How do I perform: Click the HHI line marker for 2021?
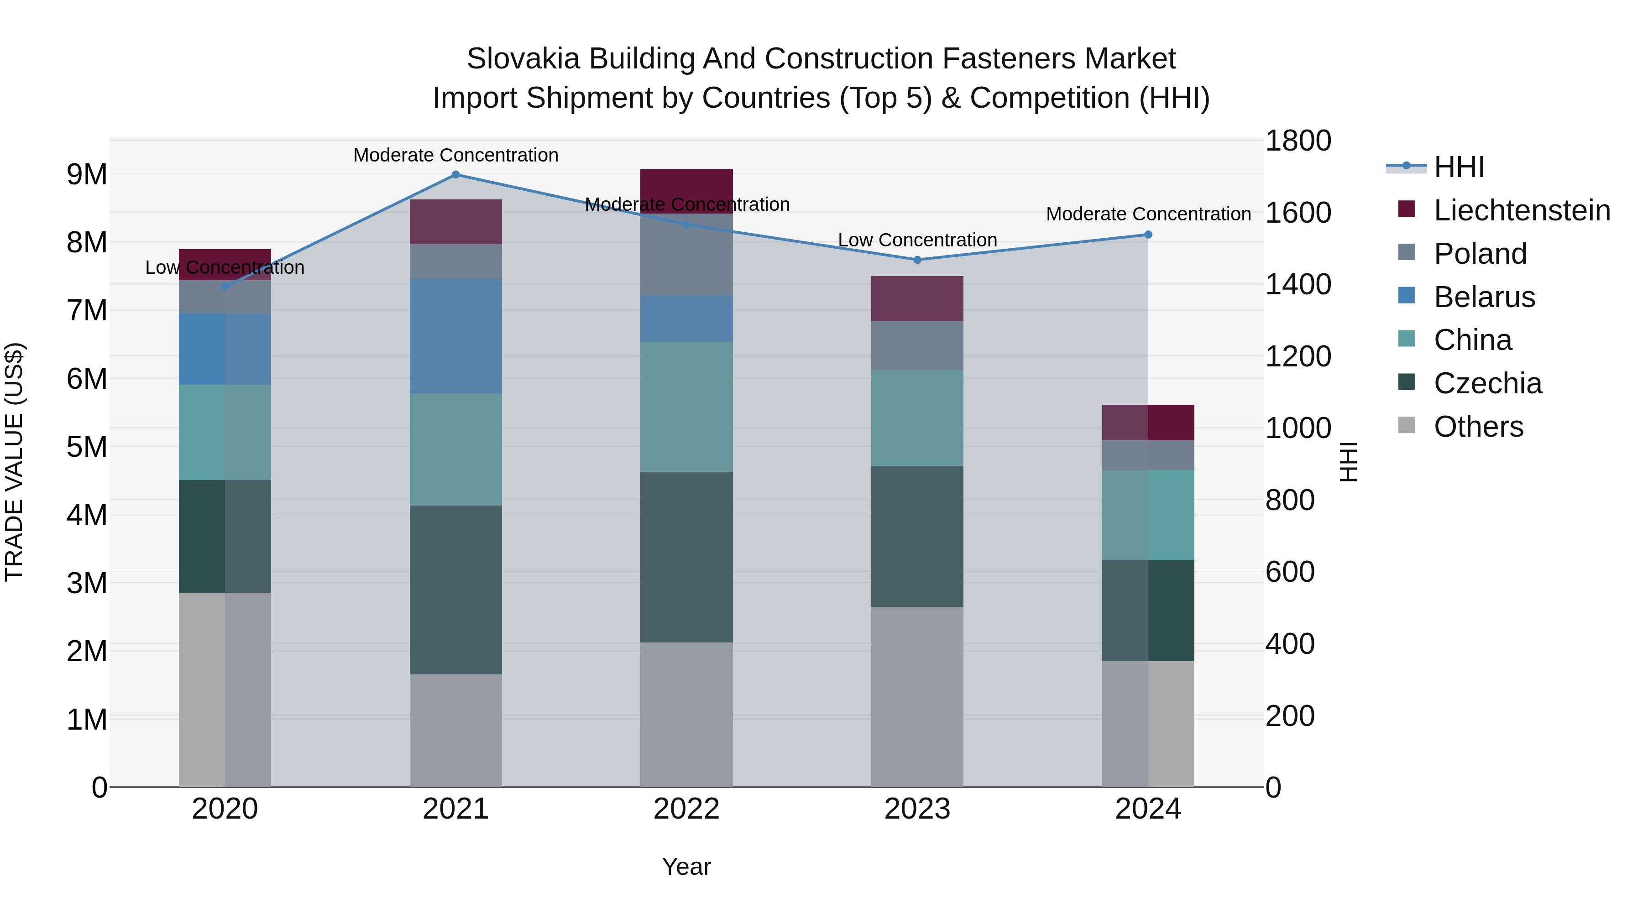click(455, 175)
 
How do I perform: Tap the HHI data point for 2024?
click(1148, 235)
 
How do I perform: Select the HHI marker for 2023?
click(917, 260)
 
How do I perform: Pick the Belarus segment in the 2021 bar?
click(455, 336)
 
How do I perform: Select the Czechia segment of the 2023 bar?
click(917, 536)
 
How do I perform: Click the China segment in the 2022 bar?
click(686, 407)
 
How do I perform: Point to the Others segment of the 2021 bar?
click(455, 730)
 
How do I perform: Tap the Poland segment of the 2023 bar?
click(917, 345)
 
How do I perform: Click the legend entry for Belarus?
click(1484, 297)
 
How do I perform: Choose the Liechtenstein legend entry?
click(1521, 210)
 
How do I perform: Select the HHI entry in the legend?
click(1459, 167)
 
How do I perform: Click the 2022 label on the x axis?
click(686, 809)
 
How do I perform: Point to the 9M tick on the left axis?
click(87, 174)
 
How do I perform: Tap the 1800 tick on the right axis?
click(1298, 141)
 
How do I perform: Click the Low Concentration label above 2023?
click(917, 240)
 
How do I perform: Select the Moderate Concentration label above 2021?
click(455, 156)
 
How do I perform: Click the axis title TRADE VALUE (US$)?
click(14, 462)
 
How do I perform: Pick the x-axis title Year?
click(686, 867)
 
